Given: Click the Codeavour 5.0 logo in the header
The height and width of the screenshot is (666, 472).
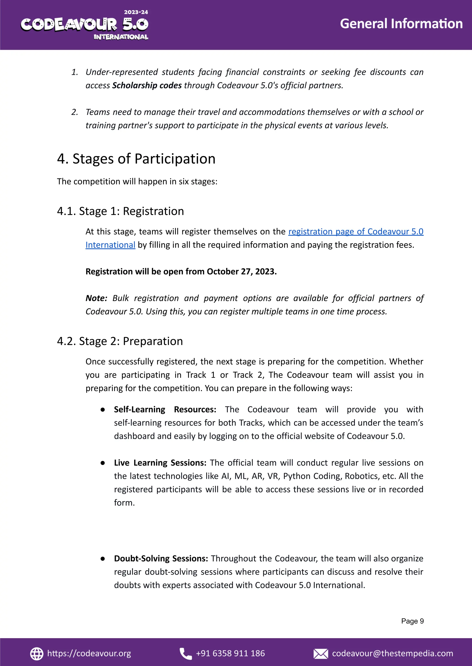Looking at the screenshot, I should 84,25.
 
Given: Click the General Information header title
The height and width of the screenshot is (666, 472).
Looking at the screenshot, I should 401,24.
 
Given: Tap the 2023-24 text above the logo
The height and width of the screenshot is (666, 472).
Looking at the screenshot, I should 136,12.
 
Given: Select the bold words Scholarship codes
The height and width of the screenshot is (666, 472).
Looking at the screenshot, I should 147,85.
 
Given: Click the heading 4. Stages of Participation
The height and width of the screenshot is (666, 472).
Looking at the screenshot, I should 136,159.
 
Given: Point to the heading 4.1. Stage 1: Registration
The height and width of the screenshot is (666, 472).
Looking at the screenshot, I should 120,211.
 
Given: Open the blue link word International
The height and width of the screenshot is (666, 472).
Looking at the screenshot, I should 110,245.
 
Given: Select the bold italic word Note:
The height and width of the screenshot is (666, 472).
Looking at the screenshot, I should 96,298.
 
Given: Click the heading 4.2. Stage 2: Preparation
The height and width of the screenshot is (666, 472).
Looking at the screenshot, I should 120,341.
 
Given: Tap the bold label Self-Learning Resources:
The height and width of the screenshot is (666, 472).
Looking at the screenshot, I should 165,409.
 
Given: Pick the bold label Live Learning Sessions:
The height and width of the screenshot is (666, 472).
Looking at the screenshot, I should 160,463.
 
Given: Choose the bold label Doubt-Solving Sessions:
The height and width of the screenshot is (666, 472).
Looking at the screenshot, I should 161,558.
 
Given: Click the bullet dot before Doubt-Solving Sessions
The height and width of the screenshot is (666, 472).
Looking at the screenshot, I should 103,558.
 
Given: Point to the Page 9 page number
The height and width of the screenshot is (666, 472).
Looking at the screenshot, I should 412,621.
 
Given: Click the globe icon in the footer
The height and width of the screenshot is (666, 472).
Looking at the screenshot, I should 37,654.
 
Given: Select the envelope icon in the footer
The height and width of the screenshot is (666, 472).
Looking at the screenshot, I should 321,654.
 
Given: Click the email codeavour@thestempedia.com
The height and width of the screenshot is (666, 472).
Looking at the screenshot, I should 392,654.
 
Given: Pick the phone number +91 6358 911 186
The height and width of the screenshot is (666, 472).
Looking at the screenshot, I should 230,654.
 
